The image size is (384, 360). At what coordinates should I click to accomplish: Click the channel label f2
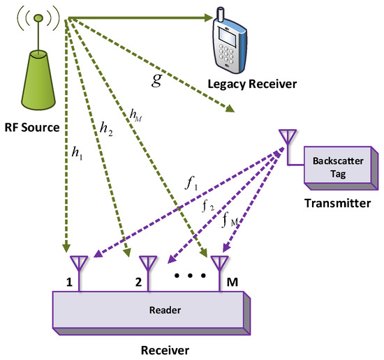tap(209, 208)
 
